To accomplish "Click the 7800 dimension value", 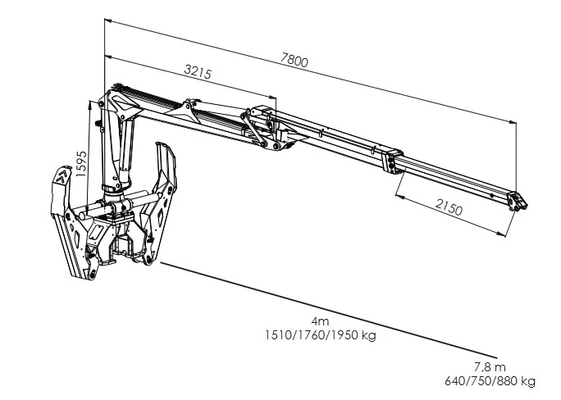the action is [294, 60].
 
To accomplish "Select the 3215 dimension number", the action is [198, 71].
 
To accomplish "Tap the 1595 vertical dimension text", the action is [81, 164].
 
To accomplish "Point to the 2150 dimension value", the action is [449, 207].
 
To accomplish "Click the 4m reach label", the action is [320, 321].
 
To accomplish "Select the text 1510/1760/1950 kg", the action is [321, 335].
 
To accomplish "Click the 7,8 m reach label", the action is [490, 367].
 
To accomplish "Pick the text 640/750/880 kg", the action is [490, 381].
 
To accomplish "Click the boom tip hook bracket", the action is [518, 202].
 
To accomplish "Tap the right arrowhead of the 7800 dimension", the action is [513, 122].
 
